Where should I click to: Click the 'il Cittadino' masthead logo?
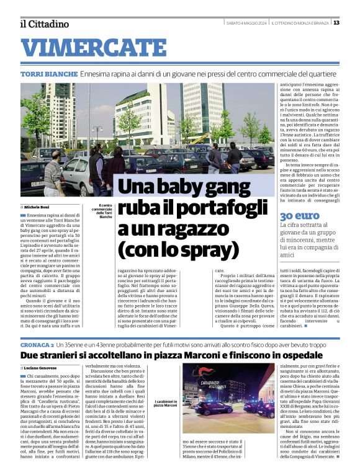44,24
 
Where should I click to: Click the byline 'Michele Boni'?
37,206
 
